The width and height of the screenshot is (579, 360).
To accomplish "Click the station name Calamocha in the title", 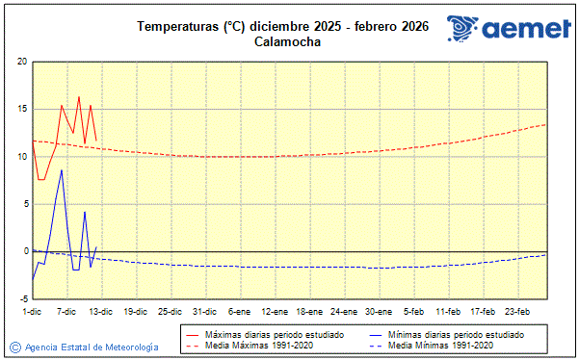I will tap(289, 41).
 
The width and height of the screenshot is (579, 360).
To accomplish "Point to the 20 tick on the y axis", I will tap(22, 62).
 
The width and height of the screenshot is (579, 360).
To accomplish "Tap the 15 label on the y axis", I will tap(22, 109).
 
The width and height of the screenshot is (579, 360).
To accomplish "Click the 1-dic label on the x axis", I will tap(32, 311).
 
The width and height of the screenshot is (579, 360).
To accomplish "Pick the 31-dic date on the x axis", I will tap(204, 311).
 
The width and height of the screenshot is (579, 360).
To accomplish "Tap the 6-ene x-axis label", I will tap(240, 311).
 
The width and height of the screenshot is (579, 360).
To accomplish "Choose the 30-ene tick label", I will tap(379, 311).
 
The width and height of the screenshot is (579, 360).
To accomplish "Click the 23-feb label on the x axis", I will tap(518, 311).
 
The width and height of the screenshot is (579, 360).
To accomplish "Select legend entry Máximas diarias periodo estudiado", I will tap(268, 335).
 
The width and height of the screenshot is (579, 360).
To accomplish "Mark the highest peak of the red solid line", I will tap(79, 96).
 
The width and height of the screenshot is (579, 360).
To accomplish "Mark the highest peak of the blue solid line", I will tap(62, 169).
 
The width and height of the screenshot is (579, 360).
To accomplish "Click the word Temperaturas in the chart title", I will tap(177, 26).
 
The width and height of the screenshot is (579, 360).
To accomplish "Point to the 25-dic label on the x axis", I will tap(170, 311).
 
